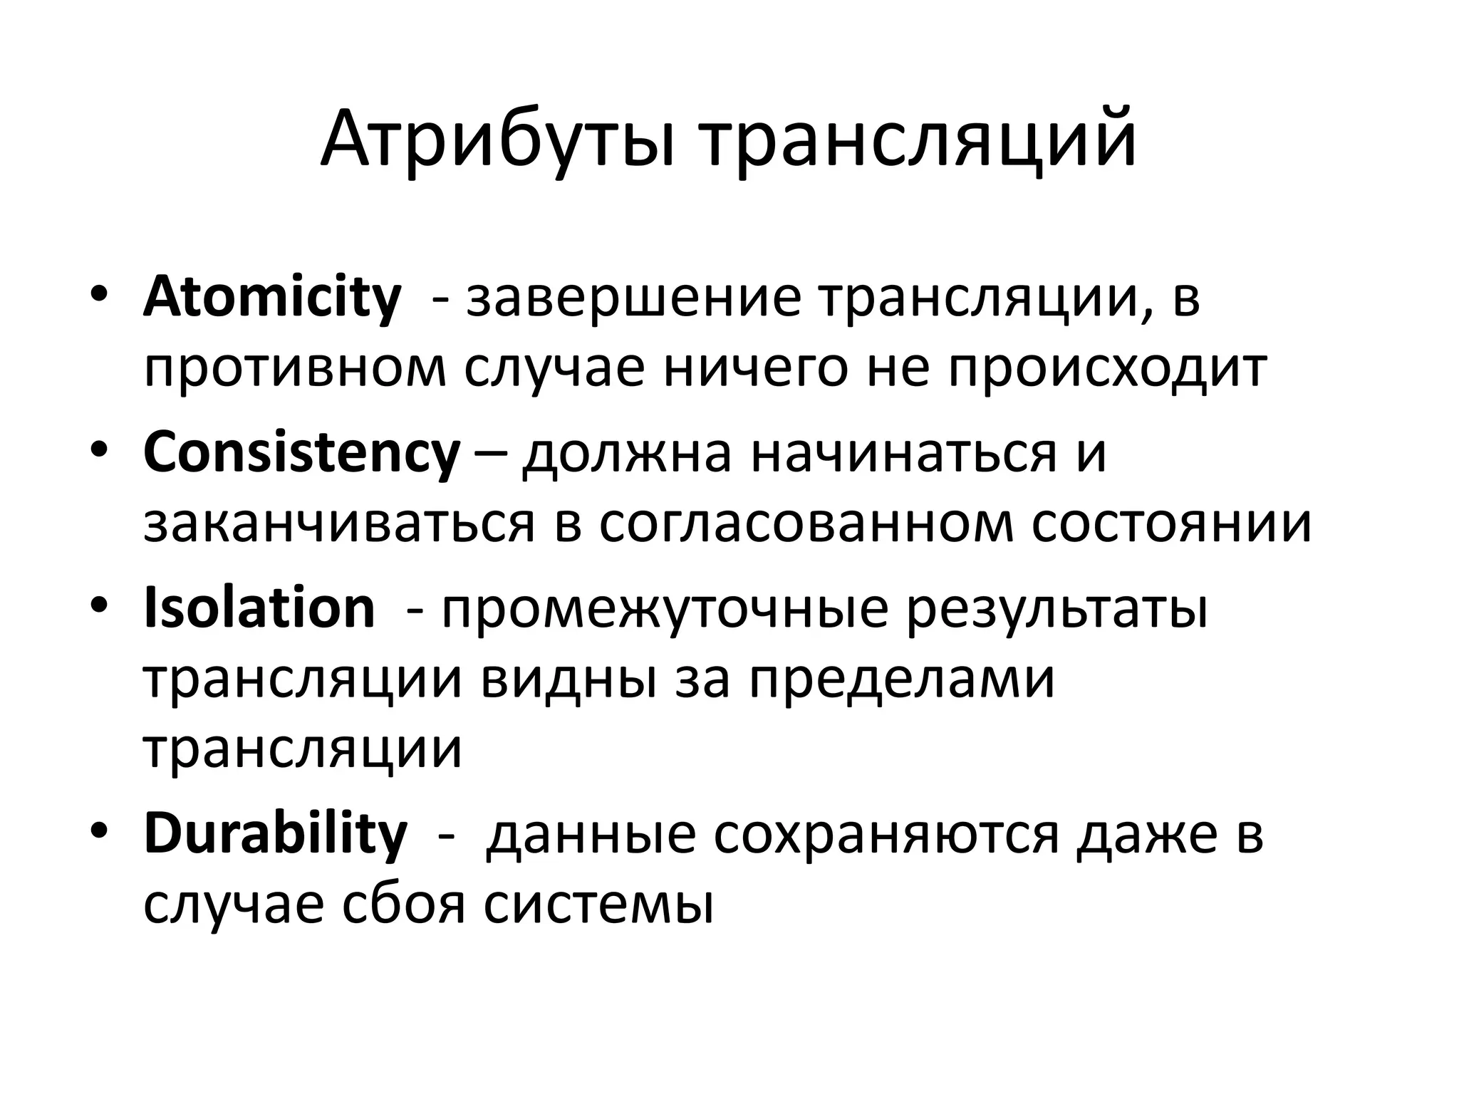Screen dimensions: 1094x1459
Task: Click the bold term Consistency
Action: point(301,452)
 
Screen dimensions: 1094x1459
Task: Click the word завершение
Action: point(634,298)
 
